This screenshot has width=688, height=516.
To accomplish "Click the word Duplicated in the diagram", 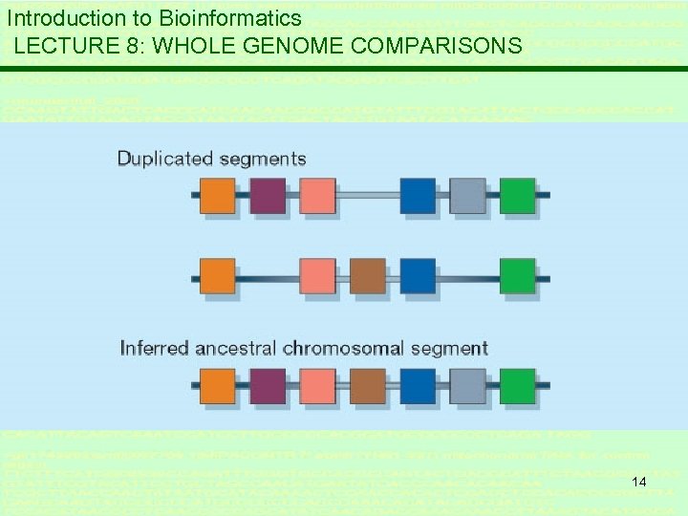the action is coord(164,159).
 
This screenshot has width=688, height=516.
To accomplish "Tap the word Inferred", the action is coord(155,348).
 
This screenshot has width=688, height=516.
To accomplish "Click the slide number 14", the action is coord(639,482).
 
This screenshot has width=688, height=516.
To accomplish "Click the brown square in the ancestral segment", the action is coord(368,386).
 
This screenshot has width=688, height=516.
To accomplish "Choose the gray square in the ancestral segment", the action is coord(467,386).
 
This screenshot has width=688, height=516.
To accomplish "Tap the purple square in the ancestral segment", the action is coord(268,386).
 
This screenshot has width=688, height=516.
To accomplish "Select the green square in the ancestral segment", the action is coord(517,386).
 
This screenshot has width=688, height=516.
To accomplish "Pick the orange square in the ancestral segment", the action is coord(218,386).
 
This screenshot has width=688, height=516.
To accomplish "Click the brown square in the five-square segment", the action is coord(368,276).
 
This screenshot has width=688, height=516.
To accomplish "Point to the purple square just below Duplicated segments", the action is coord(268,195).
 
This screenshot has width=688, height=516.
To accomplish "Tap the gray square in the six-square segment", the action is coord(467,195).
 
